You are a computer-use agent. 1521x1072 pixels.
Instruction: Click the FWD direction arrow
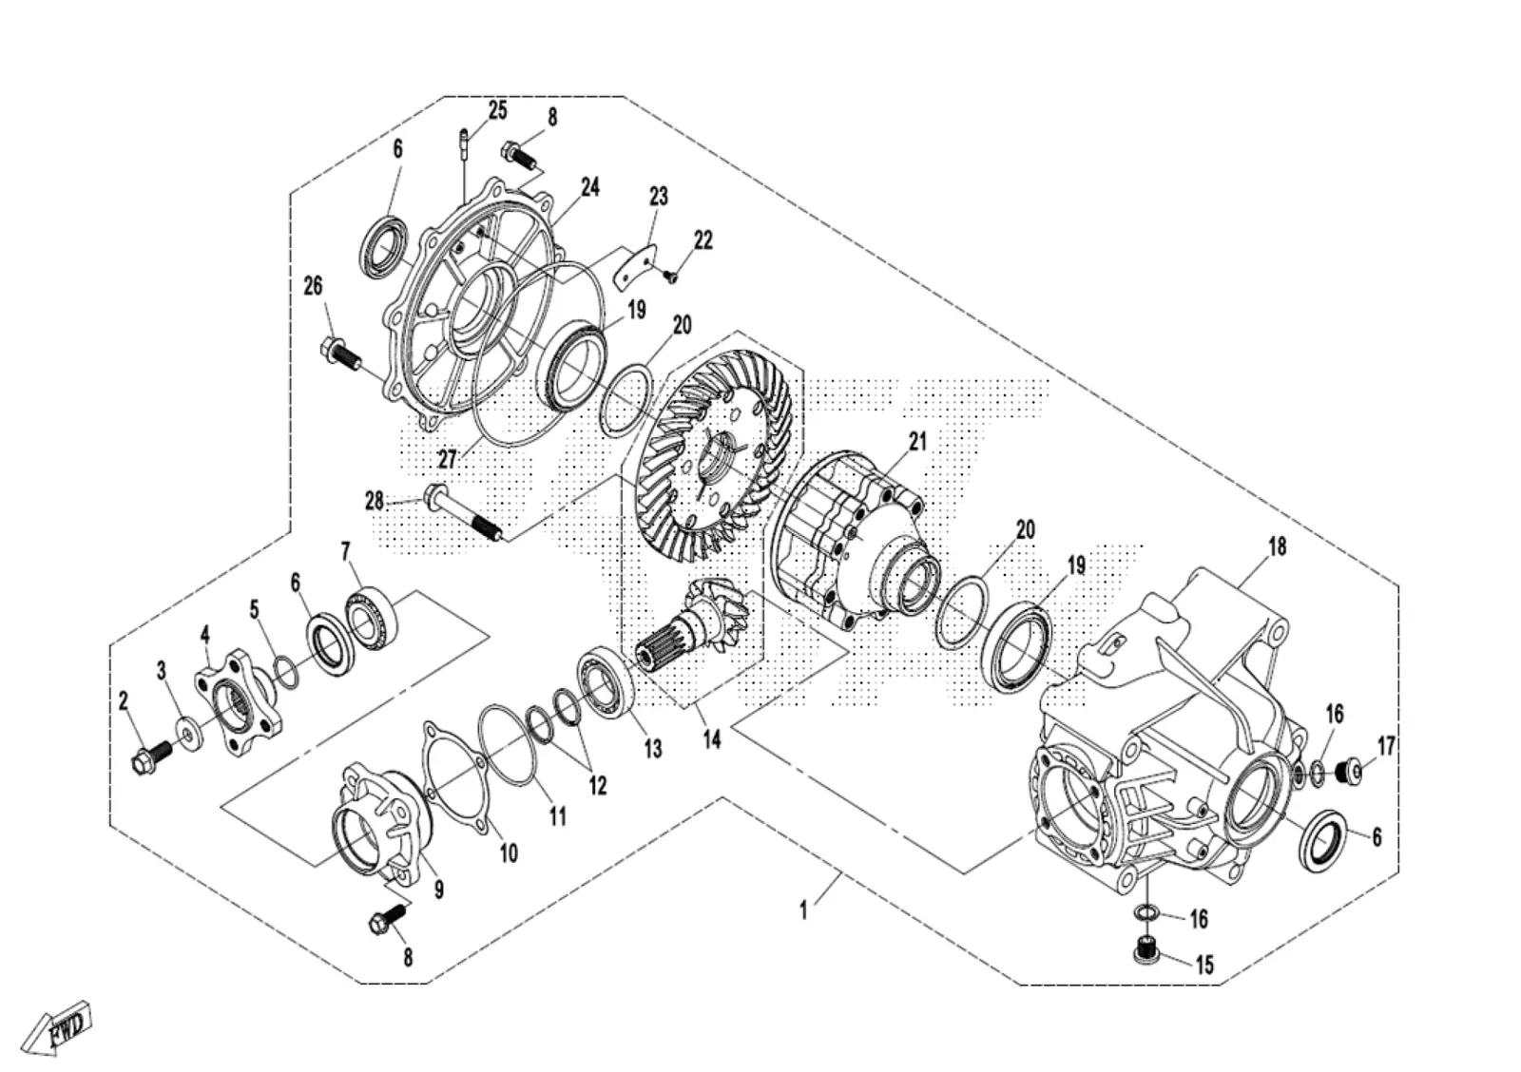(56, 1027)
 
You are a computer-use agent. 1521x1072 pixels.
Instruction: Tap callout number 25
(497, 110)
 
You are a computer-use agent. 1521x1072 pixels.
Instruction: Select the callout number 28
(375, 502)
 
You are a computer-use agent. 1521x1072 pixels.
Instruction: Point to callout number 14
(712, 739)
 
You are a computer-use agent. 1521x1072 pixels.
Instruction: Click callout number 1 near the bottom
(803, 910)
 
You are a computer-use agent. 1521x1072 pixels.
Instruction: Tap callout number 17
(1386, 747)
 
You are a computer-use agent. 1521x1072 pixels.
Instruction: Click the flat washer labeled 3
(189, 734)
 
